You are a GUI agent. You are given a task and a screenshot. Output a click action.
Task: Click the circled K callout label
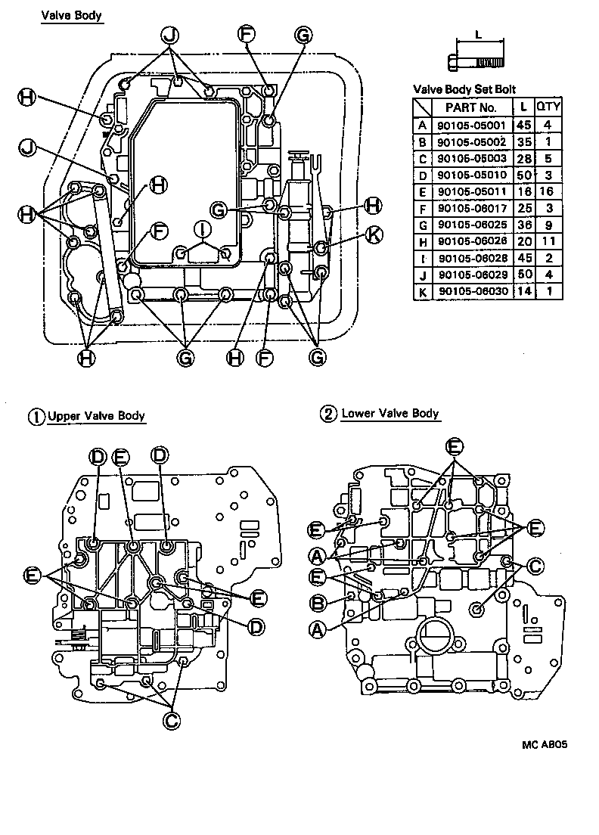point(372,234)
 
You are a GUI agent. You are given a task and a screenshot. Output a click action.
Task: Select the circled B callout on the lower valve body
point(318,603)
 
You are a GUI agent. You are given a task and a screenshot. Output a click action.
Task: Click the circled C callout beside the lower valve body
point(535,566)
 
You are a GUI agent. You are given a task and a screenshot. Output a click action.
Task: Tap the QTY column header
point(548,107)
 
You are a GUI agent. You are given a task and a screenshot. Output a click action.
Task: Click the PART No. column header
point(470,107)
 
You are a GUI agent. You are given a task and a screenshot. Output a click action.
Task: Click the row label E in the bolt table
point(422,191)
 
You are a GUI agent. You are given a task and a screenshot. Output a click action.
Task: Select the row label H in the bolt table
point(422,241)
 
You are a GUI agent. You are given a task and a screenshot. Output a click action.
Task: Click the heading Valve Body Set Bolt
point(464,89)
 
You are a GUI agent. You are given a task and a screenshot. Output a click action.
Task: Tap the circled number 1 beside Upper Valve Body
point(36,417)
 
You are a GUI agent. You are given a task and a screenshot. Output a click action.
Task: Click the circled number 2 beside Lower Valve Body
point(327,414)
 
